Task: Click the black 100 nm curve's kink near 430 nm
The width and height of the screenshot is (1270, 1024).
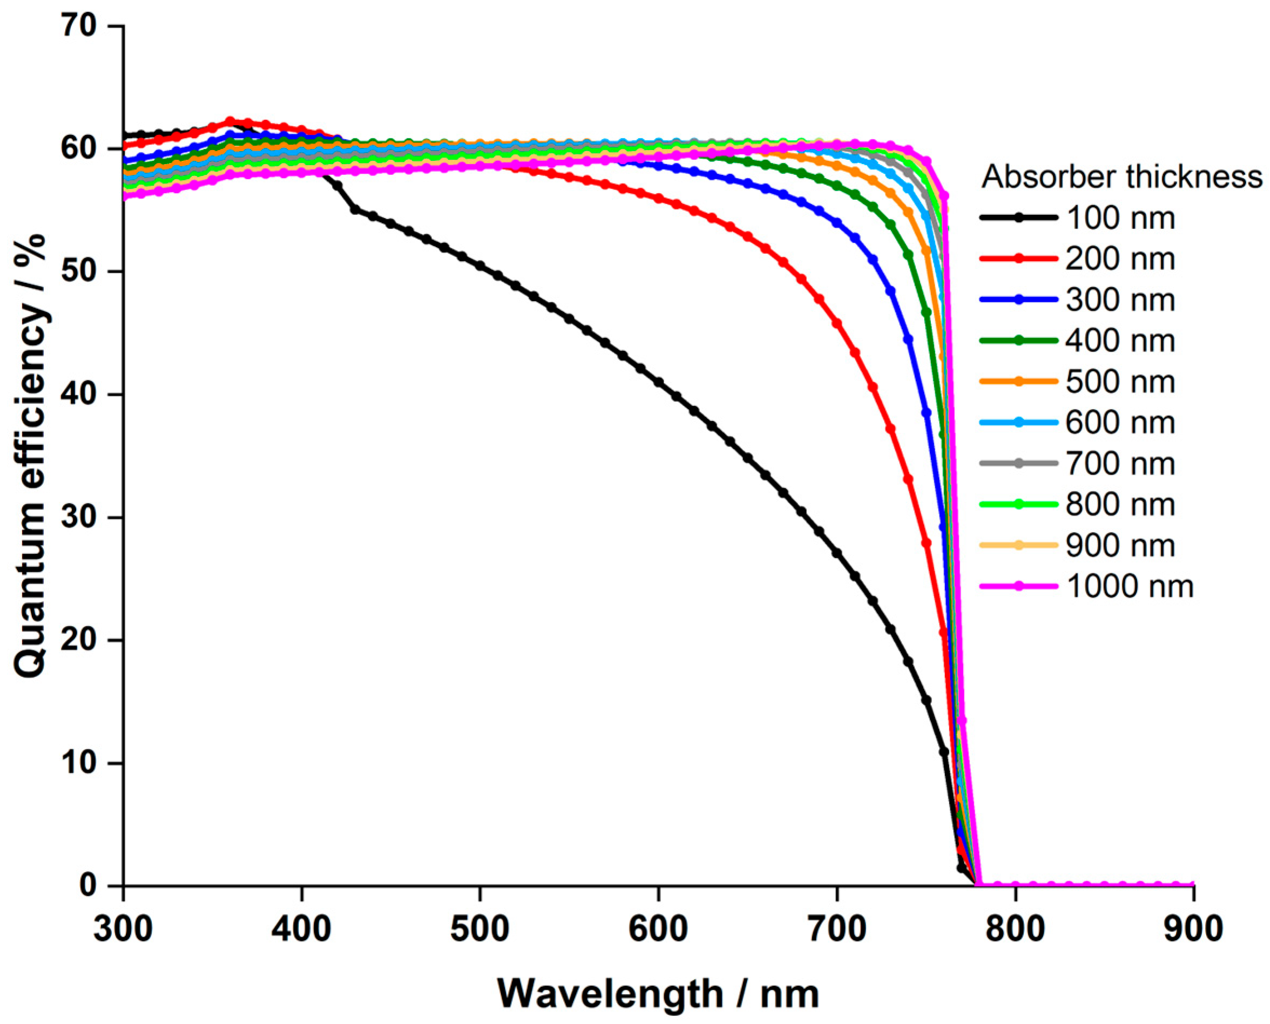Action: (355, 209)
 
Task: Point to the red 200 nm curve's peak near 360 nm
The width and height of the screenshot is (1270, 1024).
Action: (231, 121)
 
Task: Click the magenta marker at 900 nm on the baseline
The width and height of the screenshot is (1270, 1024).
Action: (1193, 885)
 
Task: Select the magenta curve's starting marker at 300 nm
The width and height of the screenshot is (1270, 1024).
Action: (125, 196)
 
